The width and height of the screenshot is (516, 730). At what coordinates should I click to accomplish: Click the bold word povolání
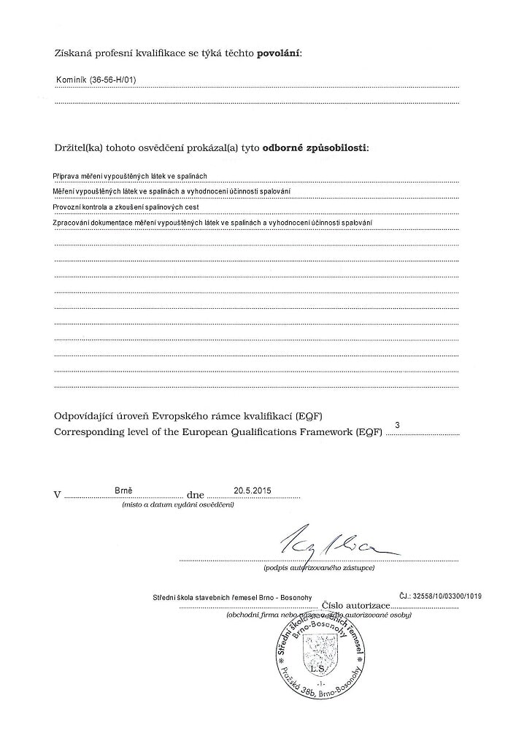pos(279,53)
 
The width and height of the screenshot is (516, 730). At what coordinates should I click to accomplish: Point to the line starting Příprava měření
pos(131,176)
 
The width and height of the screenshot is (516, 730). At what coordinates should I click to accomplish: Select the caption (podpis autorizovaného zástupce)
pos(319,567)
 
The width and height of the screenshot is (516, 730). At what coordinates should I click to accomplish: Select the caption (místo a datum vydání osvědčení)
pos(177,505)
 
